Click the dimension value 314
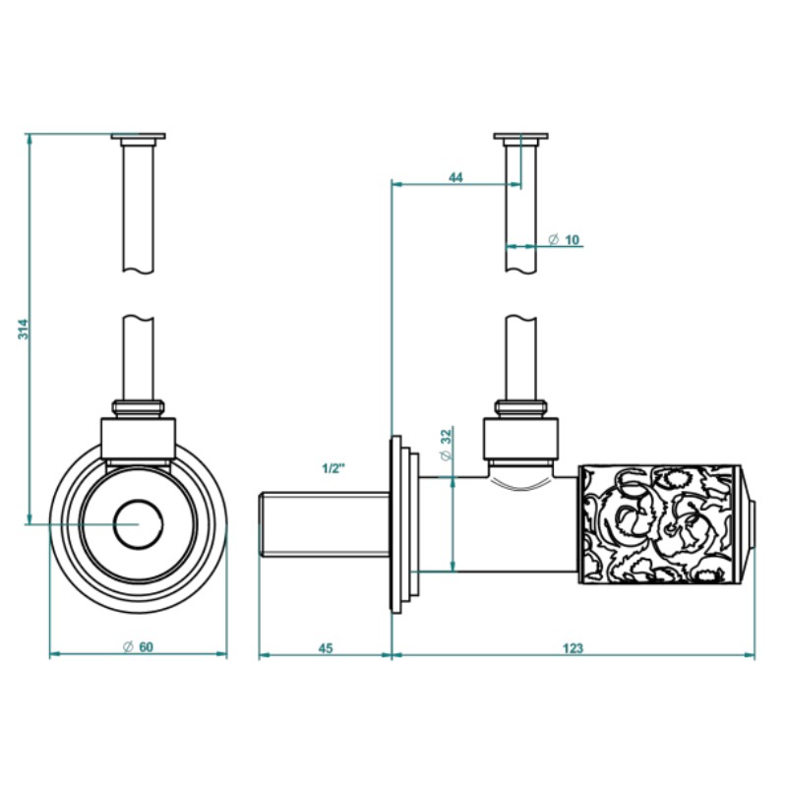point(23,330)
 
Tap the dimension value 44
point(455,177)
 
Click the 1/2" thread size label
point(333,468)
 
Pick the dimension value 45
point(326,647)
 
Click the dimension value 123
point(574,647)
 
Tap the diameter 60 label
point(138,647)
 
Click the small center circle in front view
point(138,523)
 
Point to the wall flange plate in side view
point(401,525)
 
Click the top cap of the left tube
point(138,136)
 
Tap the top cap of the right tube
point(521,136)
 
